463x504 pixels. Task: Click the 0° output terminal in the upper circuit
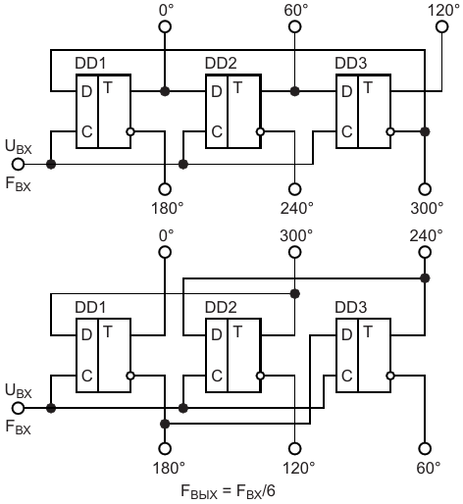(x=165, y=26)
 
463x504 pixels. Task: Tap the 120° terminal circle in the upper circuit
(x=442, y=26)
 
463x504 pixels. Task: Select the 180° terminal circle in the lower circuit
(x=165, y=448)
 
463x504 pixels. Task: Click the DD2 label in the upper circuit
(x=221, y=63)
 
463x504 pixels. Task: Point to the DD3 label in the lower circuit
(x=351, y=307)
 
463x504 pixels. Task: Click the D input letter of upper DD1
(x=86, y=91)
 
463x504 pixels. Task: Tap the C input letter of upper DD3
(x=347, y=131)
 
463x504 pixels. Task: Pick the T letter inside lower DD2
(x=237, y=331)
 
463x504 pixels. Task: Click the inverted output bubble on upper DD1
(x=130, y=131)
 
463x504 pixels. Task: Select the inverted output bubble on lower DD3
(x=390, y=376)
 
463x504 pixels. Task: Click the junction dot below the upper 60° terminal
(x=295, y=91)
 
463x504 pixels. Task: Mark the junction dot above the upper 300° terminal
(x=425, y=131)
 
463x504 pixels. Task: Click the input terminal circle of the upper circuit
(x=19, y=164)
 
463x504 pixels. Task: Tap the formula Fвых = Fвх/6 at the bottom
(x=229, y=491)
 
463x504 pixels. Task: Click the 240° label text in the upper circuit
(x=296, y=208)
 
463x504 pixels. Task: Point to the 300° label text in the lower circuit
(x=296, y=235)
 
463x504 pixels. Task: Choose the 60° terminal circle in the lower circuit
(x=425, y=448)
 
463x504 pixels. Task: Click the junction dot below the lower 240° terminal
(x=425, y=278)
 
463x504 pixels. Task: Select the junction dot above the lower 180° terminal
(x=165, y=424)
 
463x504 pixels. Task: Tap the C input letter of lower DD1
(x=87, y=376)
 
